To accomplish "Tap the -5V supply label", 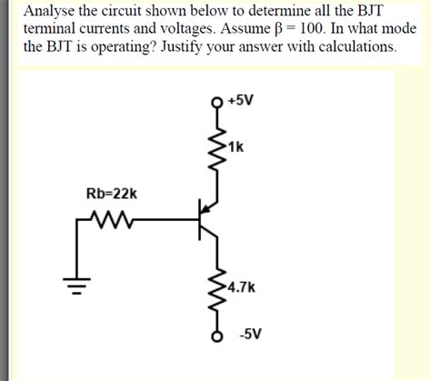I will tap(250, 334).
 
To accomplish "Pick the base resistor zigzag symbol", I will tap(111, 217).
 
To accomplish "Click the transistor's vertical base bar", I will tap(201, 218).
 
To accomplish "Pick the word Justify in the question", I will tap(215, 47).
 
